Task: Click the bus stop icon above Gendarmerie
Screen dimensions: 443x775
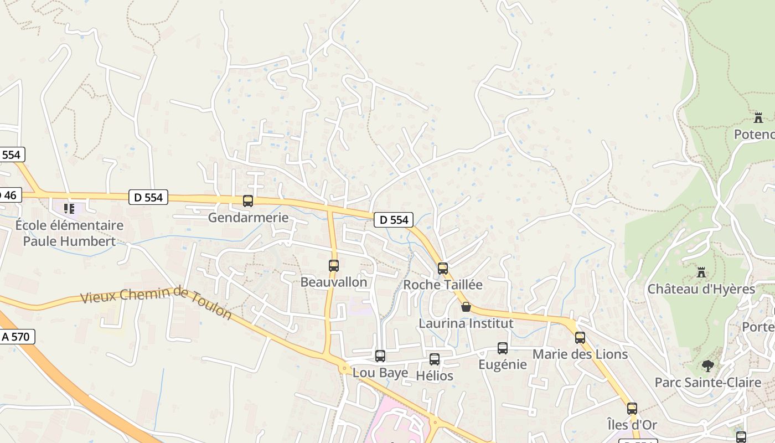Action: click(248, 201)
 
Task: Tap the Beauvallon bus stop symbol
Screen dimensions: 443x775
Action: click(334, 266)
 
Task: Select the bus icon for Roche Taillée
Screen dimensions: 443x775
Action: click(443, 269)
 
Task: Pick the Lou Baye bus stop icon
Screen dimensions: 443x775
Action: click(380, 356)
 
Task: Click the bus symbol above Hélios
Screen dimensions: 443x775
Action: click(435, 359)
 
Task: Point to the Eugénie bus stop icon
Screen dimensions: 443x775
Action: click(503, 348)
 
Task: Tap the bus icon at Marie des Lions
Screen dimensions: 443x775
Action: click(580, 338)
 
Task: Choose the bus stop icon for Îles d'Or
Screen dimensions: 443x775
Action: click(632, 409)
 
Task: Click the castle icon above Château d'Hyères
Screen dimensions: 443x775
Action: click(701, 272)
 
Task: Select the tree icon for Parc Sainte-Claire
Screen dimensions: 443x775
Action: click(707, 365)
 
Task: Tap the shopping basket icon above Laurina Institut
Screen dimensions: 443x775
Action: click(466, 307)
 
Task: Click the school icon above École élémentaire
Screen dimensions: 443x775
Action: click(69, 209)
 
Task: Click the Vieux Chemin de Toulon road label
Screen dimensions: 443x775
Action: click(156, 302)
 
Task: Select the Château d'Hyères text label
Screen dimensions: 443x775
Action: click(701, 289)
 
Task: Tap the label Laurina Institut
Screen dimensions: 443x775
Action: click(466, 323)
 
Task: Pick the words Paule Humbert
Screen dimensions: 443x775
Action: click(69, 241)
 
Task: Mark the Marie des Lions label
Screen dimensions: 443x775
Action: click(580, 354)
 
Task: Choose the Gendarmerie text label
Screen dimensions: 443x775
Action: click(248, 218)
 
